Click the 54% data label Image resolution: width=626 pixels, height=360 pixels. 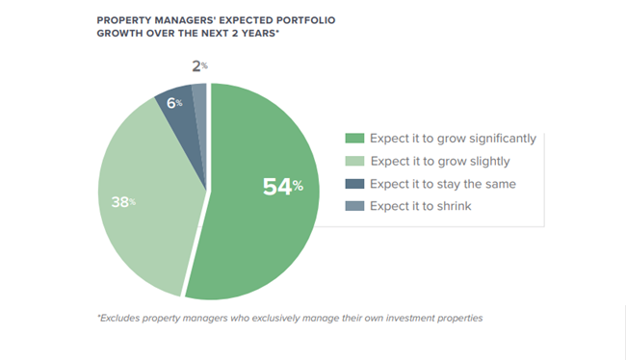coord(282,186)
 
